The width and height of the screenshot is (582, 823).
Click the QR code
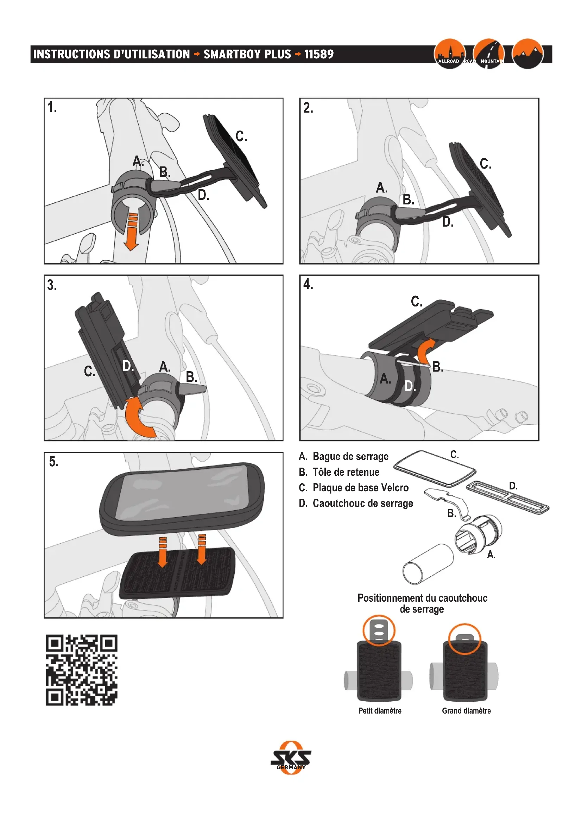point(82,670)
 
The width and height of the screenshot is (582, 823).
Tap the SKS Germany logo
point(291,758)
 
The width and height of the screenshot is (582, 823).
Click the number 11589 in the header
point(318,55)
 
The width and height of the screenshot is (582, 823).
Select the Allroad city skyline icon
point(449,54)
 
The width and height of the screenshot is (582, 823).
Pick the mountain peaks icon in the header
point(527,54)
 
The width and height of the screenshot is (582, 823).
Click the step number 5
point(54,462)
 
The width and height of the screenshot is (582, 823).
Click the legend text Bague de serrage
point(350,456)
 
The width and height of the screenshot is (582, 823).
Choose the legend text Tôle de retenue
point(346,472)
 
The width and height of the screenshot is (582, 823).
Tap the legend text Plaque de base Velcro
point(360,487)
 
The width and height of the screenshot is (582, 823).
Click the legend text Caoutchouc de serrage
point(363,503)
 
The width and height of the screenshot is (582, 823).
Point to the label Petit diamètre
point(380,711)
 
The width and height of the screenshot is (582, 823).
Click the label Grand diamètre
point(466,711)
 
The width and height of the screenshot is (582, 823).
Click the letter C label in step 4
point(416,302)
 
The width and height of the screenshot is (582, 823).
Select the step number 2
point(308,108)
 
